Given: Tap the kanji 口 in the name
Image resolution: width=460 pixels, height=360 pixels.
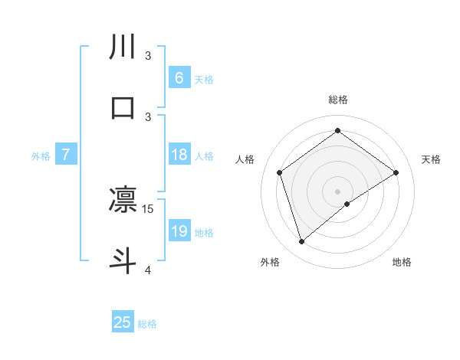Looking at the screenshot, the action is click(123, 107).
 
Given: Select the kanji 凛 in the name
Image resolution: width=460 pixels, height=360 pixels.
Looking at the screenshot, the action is click(123, 201).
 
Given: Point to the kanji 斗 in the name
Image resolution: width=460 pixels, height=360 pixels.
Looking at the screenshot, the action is click(123, 259).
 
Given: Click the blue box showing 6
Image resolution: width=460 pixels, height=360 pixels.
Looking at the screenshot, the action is click(179, 78).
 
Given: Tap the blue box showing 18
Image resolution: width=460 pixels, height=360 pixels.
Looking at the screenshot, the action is click(179, 155).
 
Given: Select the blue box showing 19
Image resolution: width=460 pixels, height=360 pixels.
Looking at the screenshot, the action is click(179, 232).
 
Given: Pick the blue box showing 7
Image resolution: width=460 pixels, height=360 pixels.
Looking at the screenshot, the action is click(66, 155).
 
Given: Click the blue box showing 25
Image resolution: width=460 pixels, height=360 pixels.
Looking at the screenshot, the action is click(123, 322).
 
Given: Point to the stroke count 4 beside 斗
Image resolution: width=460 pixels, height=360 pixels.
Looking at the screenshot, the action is click(148, 270).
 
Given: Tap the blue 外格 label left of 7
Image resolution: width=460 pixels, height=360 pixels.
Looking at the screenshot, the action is click(41, 156).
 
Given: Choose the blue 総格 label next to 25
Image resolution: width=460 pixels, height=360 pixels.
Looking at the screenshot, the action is click(147, 323).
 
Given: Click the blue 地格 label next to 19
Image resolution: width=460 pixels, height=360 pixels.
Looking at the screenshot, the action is click(204, 233).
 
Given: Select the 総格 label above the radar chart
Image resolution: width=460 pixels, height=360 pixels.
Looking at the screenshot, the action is click(338, 100).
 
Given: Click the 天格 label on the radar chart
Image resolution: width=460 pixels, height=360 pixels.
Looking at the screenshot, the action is click(431, 159).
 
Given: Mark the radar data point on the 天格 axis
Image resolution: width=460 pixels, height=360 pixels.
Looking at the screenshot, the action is click(396, 172).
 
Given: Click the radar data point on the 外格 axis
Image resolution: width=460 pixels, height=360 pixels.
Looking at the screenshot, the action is click(301, 242).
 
